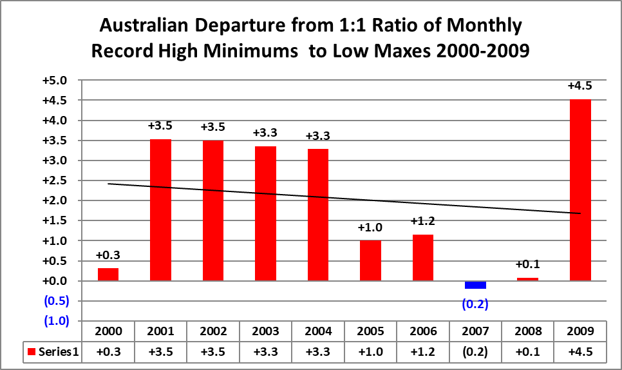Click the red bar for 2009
coord(581,190)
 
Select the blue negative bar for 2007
coord(476,285)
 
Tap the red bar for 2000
coord(108,274)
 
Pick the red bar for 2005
coord(370,260)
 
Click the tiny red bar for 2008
coord(528,279)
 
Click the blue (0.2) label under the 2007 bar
coord(476,304)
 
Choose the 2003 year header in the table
coord(265,332)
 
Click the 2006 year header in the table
coord(423,332)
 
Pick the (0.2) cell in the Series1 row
coord(476,353)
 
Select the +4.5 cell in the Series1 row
coord(581,353)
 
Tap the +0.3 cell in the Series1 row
coord(108,353)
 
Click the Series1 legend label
coord(59,353)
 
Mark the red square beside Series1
coord(30,353)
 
